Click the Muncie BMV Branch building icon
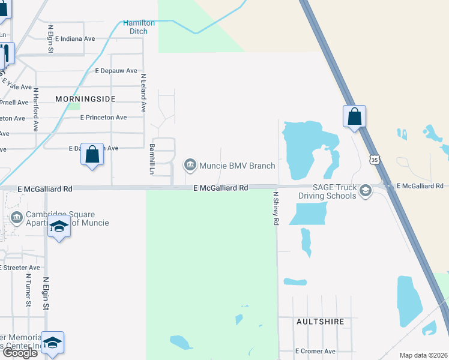[190, 164]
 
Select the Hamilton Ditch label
[139, 27]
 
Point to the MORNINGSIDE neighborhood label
[85, 98]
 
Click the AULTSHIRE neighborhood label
[321, 322]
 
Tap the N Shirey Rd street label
[276, 208]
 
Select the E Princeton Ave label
[103, 118]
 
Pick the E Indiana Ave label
[75, 38]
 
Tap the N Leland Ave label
[143, 93]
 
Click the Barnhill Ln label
[152, 158]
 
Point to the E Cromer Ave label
[315, 351]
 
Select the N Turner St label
[28, 290]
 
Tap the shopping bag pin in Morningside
[92, 155]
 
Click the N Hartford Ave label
[36, 110]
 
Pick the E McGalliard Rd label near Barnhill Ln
[220, 188]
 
